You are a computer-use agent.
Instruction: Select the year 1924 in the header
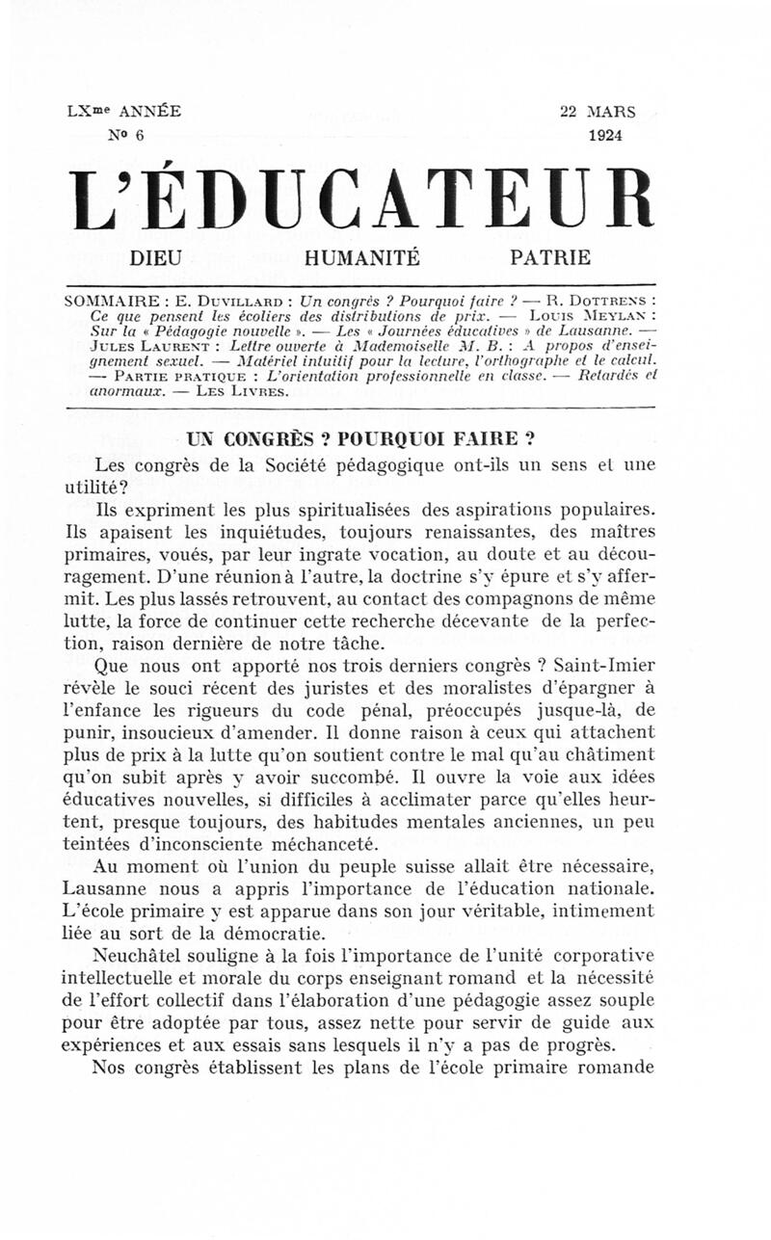coord(605,135)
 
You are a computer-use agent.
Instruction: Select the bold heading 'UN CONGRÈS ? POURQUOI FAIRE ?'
coord(360,438)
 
